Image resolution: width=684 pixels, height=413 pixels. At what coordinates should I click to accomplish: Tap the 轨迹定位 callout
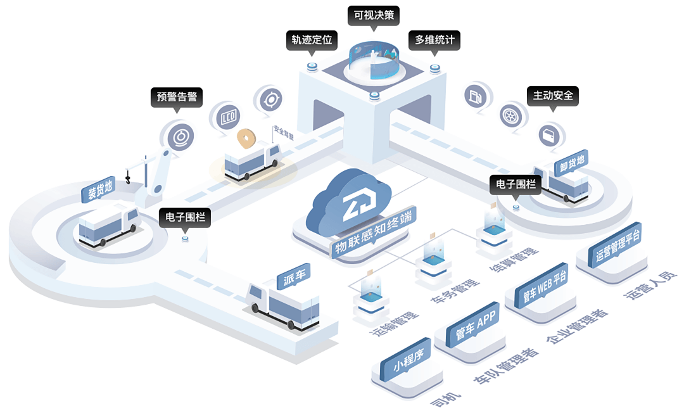click(311, 40)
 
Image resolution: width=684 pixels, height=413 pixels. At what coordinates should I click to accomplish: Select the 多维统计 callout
click(434, 40)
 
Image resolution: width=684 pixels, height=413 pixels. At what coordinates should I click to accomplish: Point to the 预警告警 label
click(177, 97)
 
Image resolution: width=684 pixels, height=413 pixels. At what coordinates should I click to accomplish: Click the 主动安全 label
click(552, 96)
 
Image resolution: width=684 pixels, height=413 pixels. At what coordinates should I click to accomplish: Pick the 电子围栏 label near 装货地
click(184, 217)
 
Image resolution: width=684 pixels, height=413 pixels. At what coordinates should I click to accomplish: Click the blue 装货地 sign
click(99, 189)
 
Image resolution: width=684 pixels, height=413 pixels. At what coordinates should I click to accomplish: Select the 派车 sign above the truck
click(293, 277)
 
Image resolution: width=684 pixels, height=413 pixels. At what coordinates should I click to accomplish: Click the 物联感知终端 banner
click(373, 234)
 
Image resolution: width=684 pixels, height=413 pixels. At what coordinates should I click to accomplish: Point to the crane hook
click(129, 181)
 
